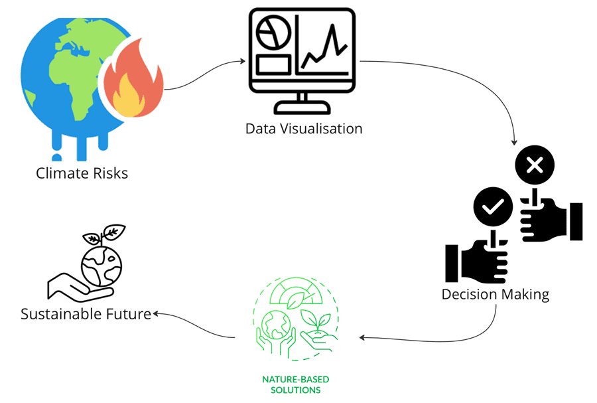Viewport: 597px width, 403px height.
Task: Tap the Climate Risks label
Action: (82, 174)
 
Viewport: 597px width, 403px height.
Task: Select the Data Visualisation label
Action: (304, 128)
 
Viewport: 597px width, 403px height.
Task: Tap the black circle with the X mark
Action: (535, 166)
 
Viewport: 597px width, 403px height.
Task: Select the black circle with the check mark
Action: (493, 207)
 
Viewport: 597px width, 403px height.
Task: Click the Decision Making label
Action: (495, 293)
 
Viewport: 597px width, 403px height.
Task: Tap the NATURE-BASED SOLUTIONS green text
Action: (296, 384)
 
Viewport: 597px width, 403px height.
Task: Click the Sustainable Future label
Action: (86, 313)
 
